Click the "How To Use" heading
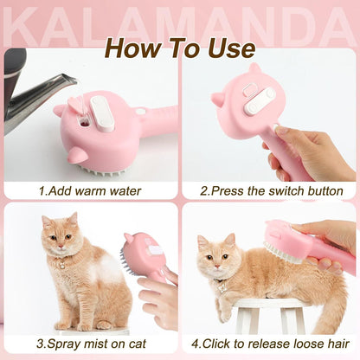180,48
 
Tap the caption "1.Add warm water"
90,190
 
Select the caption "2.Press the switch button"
272,190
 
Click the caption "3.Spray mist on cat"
90,344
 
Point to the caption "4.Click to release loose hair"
271,344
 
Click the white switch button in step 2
259,102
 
